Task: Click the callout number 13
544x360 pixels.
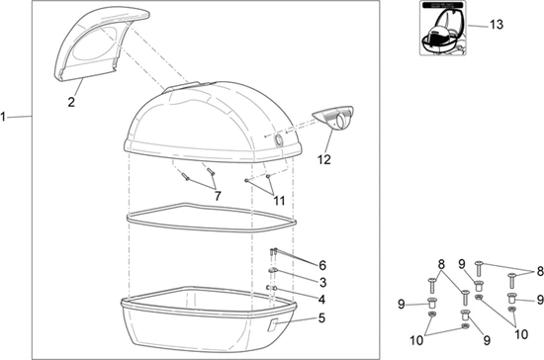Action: tap(497, 25)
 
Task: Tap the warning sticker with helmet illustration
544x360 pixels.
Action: tap(443, 28)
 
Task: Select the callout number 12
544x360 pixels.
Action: tap(323, 159)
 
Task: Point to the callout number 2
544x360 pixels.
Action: tap(71, 102)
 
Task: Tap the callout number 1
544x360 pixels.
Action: tap(3, 117)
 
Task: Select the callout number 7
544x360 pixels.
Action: tap(218, 196)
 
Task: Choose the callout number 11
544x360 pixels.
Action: tap(279, 201)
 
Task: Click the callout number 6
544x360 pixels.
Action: tap(322, 265)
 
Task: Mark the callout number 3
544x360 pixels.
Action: tap(323, 282)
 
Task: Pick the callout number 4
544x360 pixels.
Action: tap(322, 300)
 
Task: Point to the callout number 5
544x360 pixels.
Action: tap(322, 317)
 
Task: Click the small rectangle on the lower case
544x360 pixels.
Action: tap(272, 325)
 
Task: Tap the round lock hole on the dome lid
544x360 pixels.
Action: tap(278, 139)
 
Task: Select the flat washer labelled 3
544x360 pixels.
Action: tap(272, 270)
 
